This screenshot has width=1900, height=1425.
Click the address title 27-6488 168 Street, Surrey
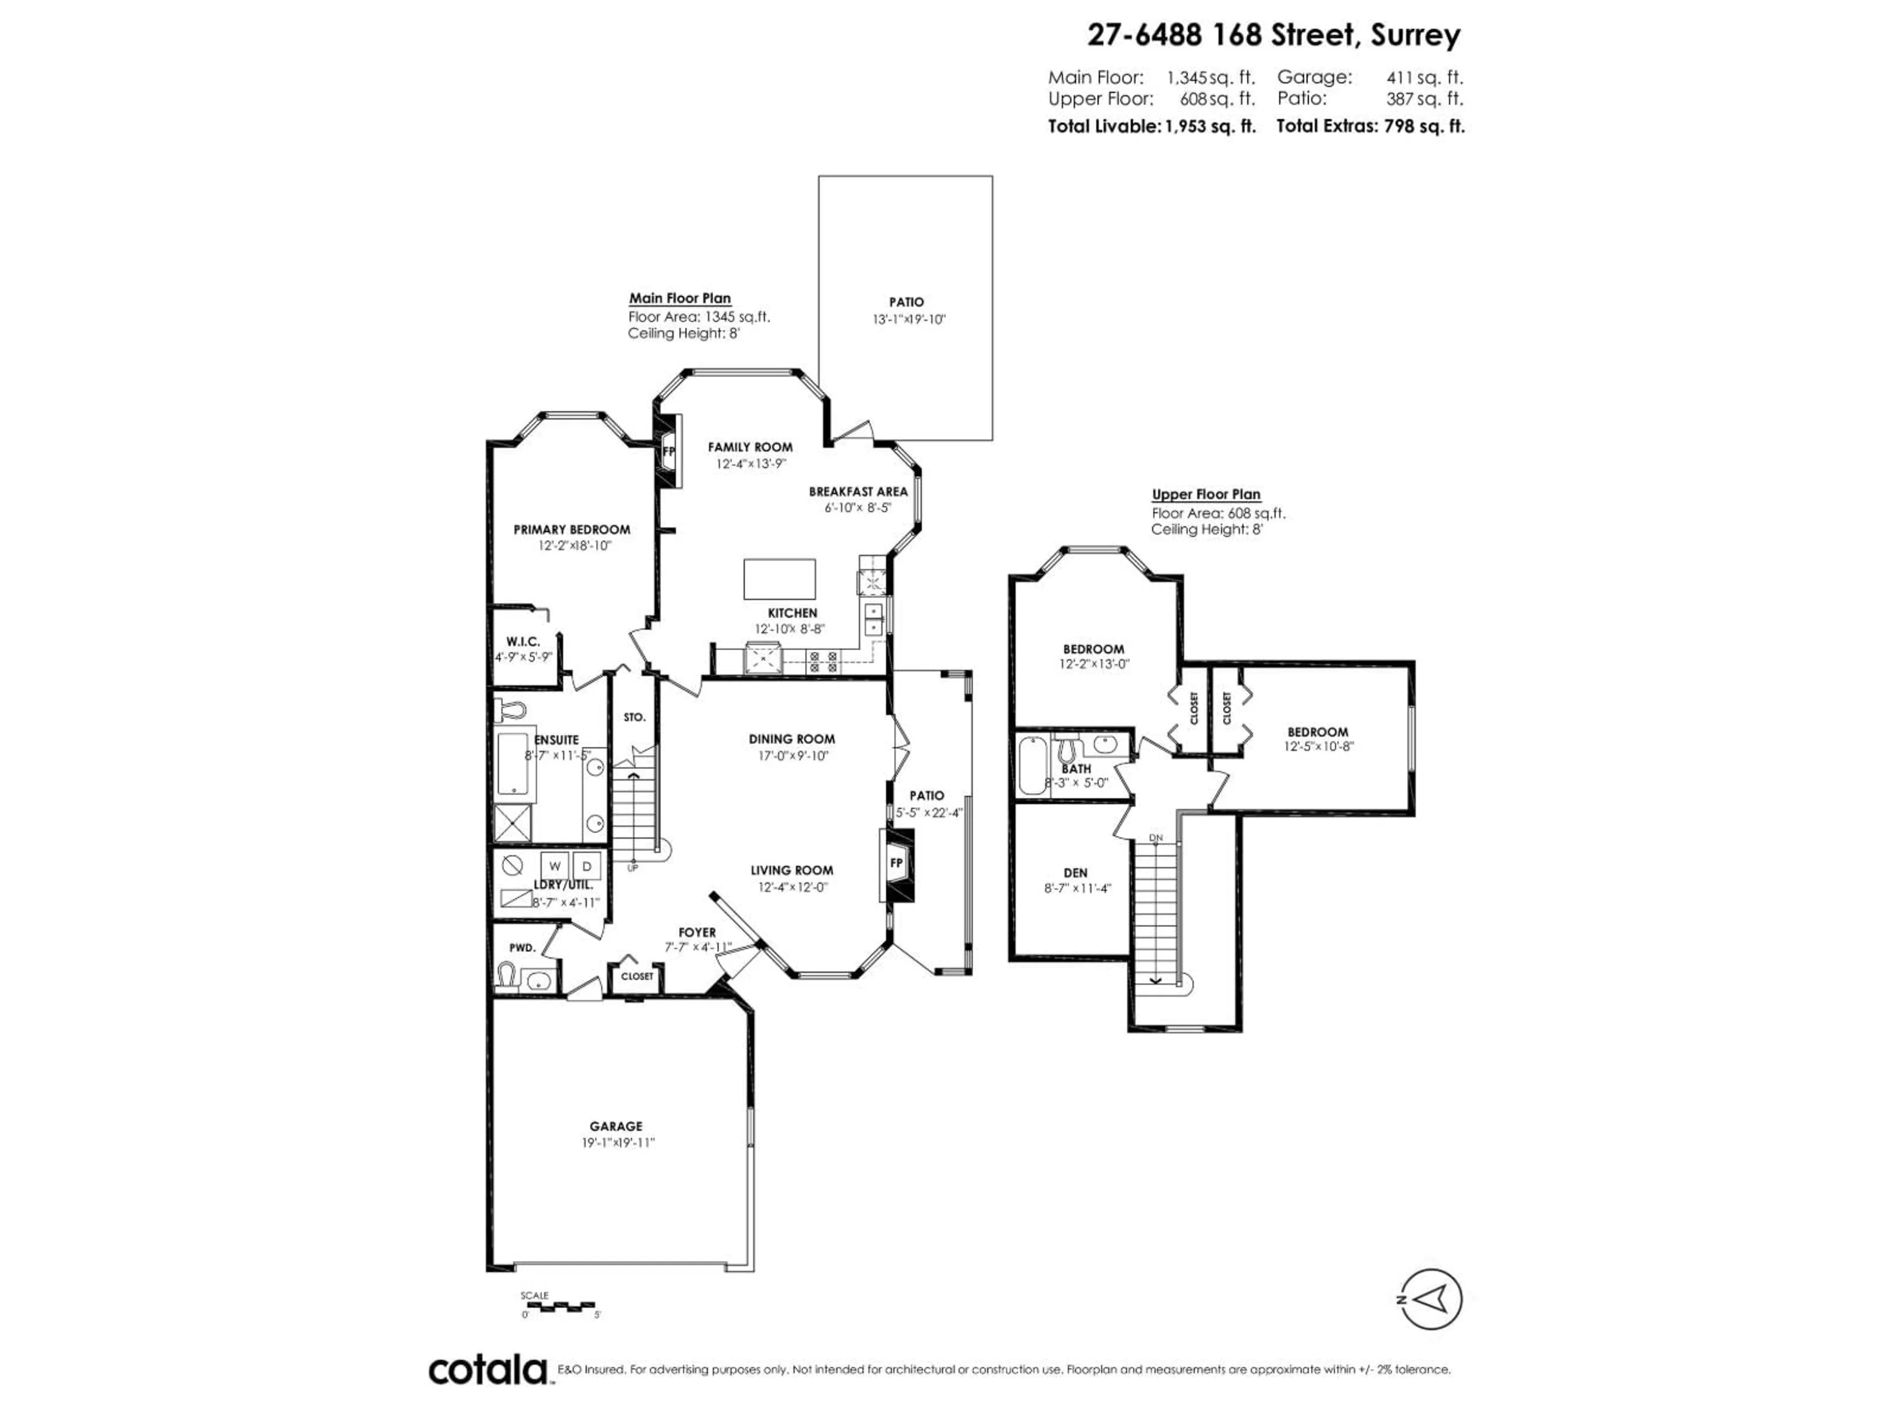click(1273, 35)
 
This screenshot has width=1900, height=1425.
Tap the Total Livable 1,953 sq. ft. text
click(1151, 126)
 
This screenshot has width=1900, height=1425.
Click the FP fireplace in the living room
click(896, 863)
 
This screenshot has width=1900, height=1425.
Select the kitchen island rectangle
click(779, 579)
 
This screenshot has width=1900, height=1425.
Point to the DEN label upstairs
click(1075, 873)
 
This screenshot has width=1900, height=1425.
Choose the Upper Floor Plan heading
click(1205, 495)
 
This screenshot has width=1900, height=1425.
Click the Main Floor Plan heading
click(679, 299)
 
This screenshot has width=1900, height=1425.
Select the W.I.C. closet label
click(522, 642)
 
